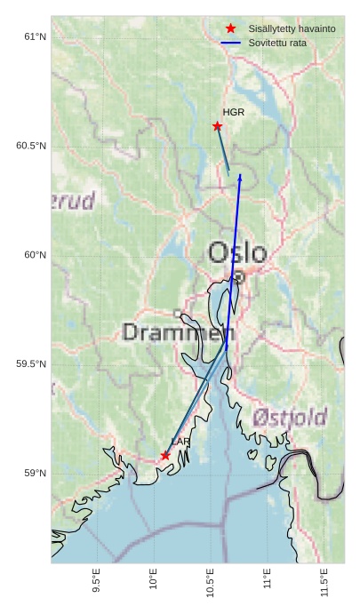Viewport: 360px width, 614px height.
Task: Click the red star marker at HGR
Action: click(217, 126)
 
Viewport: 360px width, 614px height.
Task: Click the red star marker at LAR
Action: click(165, 455)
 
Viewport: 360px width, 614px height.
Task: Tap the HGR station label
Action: click(233, 113)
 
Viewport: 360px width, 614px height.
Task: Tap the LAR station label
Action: click(180, 442)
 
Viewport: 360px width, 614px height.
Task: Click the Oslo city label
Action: click(236, 253)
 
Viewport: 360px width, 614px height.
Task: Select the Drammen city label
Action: click(175, 333)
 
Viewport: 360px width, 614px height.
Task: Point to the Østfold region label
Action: click(289, 417)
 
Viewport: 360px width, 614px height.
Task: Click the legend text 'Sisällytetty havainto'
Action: click(292, 29)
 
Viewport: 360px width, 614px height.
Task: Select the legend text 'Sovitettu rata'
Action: click(277, 43)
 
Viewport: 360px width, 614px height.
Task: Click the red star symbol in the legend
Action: click(231, 29)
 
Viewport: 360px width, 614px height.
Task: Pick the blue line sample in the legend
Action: click(231, 43)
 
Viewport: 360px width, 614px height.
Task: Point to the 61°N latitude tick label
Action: click(35, 36)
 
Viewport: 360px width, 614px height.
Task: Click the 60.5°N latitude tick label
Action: click(31, 146)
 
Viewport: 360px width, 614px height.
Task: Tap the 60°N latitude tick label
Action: click(35, 255)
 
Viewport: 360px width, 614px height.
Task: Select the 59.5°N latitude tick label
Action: click(31, 364)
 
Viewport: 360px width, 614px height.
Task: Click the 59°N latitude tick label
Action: click(35, 474)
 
